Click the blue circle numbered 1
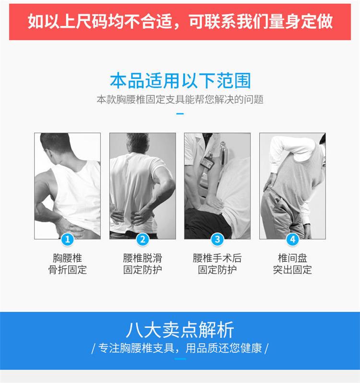coord(68,239)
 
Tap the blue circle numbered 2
coord(143,239)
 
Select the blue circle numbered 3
coord(217,239)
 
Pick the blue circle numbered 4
coord(292,239)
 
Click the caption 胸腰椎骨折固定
coord(68,264)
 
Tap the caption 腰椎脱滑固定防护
coord(143,264)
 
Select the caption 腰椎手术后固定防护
coord(217,264)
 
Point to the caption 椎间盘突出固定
coord(292,264)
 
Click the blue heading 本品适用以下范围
coord(180,81)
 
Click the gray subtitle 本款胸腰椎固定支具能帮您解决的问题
coord(180,99)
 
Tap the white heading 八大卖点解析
coord(180,330)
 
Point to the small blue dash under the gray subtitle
coord(180,114)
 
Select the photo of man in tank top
coord(68,186)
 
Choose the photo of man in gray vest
coord(292,186)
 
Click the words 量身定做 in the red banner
coord(300,22)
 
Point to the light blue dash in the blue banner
coord(180,359)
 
